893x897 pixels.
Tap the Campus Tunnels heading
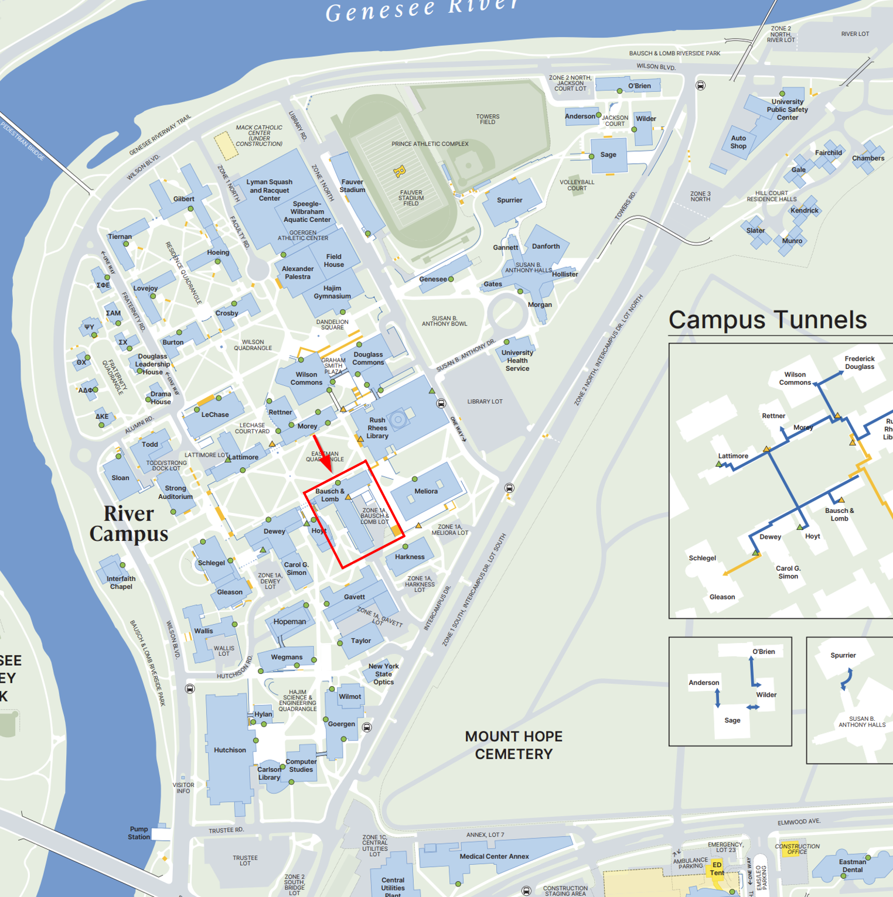pyautogui.click(x=767, y=320)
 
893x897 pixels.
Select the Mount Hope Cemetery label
pyautogui.click(x=513, y=745)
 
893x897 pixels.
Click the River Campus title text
pyautogui.click(x=129, y=523)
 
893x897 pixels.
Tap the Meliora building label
pyautogui.click(x=426, y=491)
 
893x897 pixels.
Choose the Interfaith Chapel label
pyautogui.click(x=121, y=583)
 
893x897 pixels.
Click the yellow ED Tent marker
pyautogui.click(x=717, y=869)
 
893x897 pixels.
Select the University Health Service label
pyautogui.click(x=517, y=361)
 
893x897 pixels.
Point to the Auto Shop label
pyautogui.click(x=738, y=142)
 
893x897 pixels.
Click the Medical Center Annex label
pyautogui.click(x=494, y=856)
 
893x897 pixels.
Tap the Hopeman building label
pyautogui.click(x=289, y=622)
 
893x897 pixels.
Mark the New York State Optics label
pyautogui.click(x=383, y=674)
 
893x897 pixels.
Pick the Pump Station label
pyautogui.click(x=139, y=833)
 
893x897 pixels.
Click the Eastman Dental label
pyautogui.click(x=852, y=865)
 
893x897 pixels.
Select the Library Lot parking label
pyautogui.click(x=485, y=402)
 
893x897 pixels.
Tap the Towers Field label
pyautogui.click(x=488, y=119)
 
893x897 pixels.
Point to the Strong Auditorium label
pyautogui.click(x=175, y=492)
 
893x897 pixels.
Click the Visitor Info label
pyautogui.click(x=183, y=788)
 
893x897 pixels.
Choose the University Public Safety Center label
pyautogui.click(x=787, y=109)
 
